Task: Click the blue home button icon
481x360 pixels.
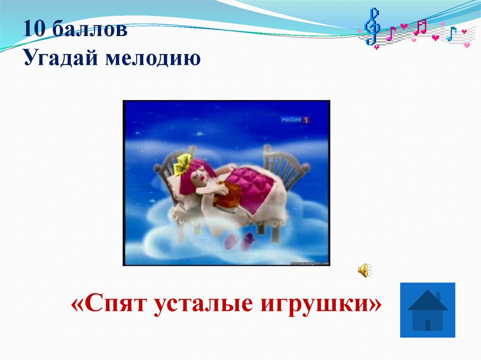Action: click(x=427, y=310)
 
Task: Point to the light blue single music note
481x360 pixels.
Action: click(x=451, y=34)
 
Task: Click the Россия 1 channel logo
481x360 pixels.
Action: click(x=295, y=120)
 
